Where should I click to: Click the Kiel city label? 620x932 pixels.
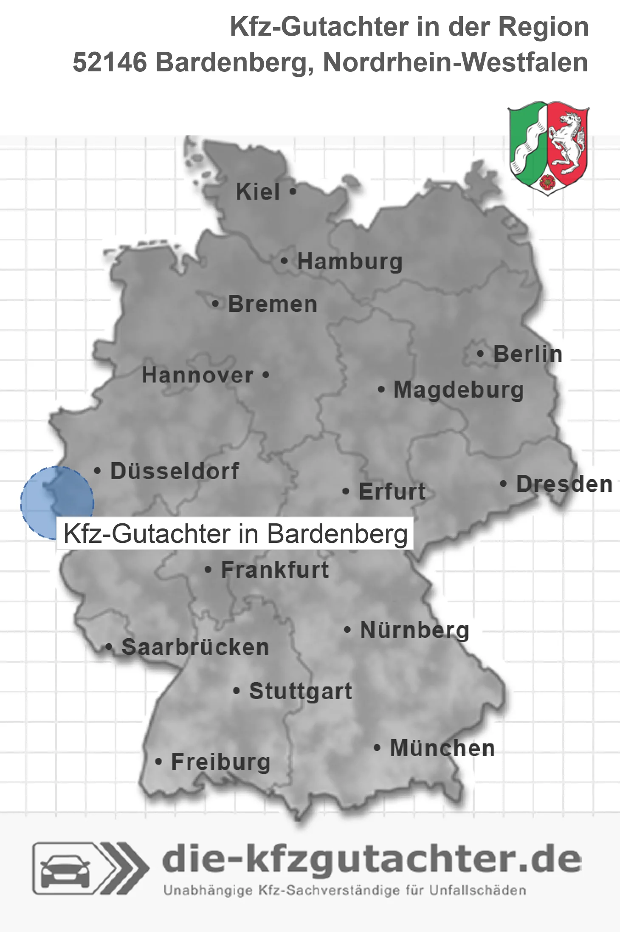[258, 192]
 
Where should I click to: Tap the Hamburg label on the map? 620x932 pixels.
[349, 261]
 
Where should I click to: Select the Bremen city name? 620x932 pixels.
[273, 304]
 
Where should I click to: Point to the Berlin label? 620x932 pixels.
[528, 354]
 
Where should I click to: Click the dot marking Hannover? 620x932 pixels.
[266, 375]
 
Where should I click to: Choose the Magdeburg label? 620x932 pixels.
[459, 390]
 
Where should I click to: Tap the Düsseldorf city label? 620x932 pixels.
[175, 471]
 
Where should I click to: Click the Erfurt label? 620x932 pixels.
[392, 491]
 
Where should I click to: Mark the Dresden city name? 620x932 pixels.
[564, 484]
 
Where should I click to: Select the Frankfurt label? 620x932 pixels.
[275, 570]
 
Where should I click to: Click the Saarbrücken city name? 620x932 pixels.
[195, 647]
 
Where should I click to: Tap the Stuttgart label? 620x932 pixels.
[300, 691]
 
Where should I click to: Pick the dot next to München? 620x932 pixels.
[377, 748]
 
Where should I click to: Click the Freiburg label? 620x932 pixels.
[220, 762]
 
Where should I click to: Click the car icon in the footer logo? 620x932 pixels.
[65, 869]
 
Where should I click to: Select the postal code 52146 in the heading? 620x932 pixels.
[110, 62]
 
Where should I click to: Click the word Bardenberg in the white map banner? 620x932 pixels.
[338, 534]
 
